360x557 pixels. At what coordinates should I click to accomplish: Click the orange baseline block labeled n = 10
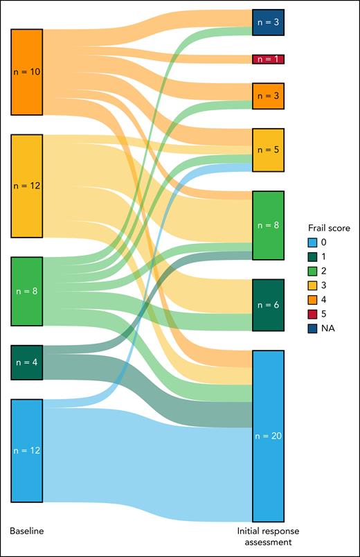coord(26,72)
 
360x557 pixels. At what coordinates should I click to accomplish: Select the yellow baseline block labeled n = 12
coord(26,186)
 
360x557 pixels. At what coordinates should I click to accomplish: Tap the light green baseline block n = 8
coord(26,291)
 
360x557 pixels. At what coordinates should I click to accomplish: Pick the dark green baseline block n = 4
coord(26,362)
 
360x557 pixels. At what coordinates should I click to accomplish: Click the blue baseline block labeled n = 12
coord(26,450)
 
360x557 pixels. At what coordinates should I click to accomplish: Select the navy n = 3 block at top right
coord(268,22)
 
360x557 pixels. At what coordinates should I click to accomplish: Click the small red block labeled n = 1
coord(268,59)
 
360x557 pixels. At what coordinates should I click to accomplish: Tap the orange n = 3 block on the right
coord(268,96)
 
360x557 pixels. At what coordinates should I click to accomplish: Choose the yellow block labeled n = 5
coord(268,150)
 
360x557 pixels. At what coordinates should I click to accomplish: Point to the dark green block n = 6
coord(268,305)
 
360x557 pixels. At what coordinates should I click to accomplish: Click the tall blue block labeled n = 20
coord(268,436)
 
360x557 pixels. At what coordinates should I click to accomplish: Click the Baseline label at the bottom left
coord(26,531)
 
